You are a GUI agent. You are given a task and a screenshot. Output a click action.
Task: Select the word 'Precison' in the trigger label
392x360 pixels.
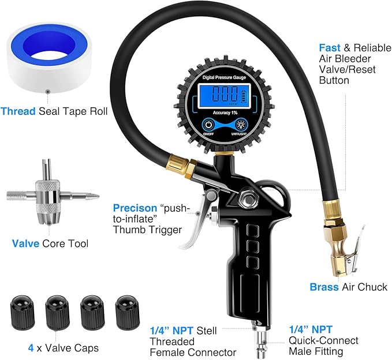(135, 208)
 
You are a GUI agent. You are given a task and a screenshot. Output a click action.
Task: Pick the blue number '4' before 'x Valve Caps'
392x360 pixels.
(30, 348)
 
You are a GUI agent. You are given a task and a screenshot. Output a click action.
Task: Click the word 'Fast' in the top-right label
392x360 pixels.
(329, 47)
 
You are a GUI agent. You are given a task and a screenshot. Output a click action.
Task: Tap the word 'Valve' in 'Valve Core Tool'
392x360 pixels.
(25, 243)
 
